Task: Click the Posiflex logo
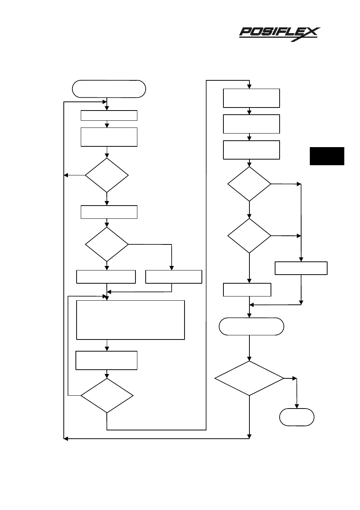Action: tap(280, 34)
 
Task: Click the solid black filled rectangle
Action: tap(327, 156)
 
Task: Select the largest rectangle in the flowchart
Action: tap(130, 320)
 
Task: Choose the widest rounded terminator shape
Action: tap(109, 89)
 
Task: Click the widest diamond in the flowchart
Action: tap(249, 378)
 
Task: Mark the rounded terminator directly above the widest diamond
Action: tap(251, 326)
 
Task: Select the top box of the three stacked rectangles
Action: tap(251, 98)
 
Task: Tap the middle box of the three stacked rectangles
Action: tap(251, 124)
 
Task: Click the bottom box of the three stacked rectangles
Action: tap(251, 150)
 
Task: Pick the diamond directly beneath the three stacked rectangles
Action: tap(249, 184)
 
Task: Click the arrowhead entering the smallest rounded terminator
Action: tap(297, 406)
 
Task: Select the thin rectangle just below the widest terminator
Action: tap(109, 115)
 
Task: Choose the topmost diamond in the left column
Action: tap(107, 175)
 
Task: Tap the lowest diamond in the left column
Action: tap(107, 395)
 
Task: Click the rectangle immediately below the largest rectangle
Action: tap(106, 360)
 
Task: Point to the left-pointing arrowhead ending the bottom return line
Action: tap(66, 439)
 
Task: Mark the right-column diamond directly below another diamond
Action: tap(249, 236)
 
